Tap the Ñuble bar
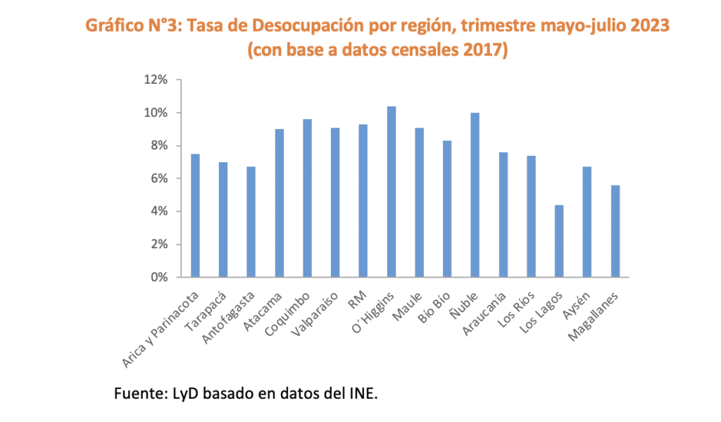475,195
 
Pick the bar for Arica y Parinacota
195,216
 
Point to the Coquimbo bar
307,198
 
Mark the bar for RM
363,201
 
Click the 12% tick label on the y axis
155,80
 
